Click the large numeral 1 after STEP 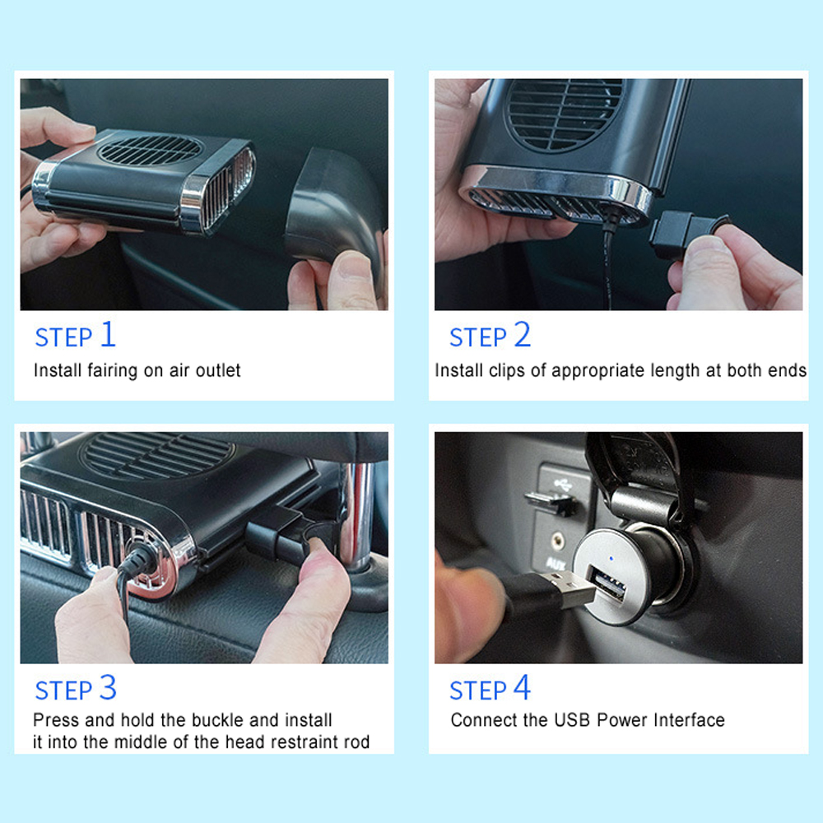(108, 334)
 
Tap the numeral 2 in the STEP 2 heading (523, 334)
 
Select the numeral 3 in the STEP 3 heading (108, 687)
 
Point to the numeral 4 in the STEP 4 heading (523, 687)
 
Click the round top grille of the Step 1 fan (150, 150)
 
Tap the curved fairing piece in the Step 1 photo (336, 210)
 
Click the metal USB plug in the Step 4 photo (570, 590)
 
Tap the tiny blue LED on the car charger (611, 559)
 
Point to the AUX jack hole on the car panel (557, 538)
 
